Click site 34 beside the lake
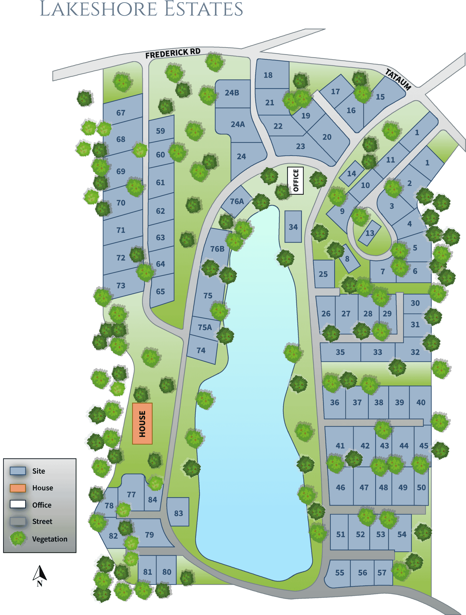point(293,227)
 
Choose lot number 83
point(178,513)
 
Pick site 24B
point(232,93)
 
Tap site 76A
point(236,201)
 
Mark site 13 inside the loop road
point(369,233)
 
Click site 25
point(323,274)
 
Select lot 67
point(121,113)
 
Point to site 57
point(382,573)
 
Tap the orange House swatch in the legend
point(18,488)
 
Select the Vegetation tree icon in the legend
point(18,539)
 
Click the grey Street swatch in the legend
point(18,521)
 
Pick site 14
point(352,174)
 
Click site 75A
point(205,327)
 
